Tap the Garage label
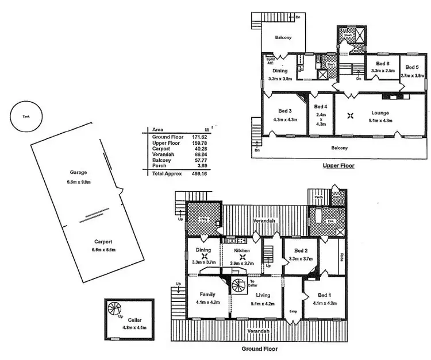(78, 172)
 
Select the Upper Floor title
(338, 166)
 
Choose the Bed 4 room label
(321, 107)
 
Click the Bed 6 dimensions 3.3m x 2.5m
(383, 70)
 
